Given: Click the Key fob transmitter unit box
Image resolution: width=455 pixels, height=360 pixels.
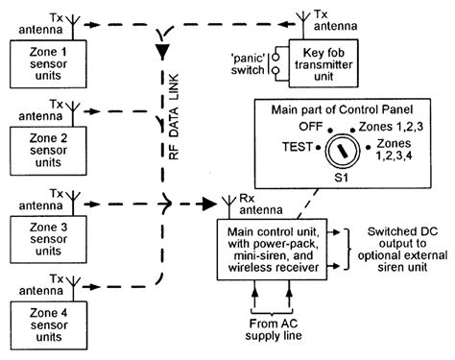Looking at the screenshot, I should (x=323, y=61).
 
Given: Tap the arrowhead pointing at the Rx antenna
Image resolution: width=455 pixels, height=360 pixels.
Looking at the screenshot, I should (x=208, y=204).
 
